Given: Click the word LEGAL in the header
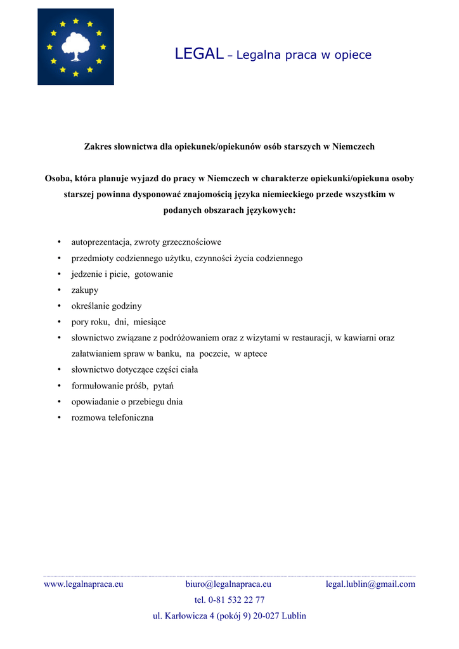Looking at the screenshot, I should [x=198, y=55].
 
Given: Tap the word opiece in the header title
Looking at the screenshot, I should [x=353, y=55].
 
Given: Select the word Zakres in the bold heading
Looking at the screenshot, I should [x=98, y=146].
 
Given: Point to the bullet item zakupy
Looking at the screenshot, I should [x=84, y=290].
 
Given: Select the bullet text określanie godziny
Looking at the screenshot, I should [x=106, y=306].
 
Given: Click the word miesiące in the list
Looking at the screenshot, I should [x=150, y=322].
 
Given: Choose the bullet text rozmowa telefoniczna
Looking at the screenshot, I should [x=112, y=418].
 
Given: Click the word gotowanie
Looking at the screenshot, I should [x=153, y=274].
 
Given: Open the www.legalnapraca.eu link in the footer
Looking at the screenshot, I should [x=83, y=584].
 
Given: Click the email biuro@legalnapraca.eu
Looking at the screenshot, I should [x=228, y=584].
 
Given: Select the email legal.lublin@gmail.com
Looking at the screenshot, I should [x=370, y=584].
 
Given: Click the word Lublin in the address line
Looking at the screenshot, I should [x=293, y=615].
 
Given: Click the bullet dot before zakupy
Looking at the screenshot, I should [x=59, y=290].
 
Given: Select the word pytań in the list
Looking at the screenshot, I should [x=164, y=385].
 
